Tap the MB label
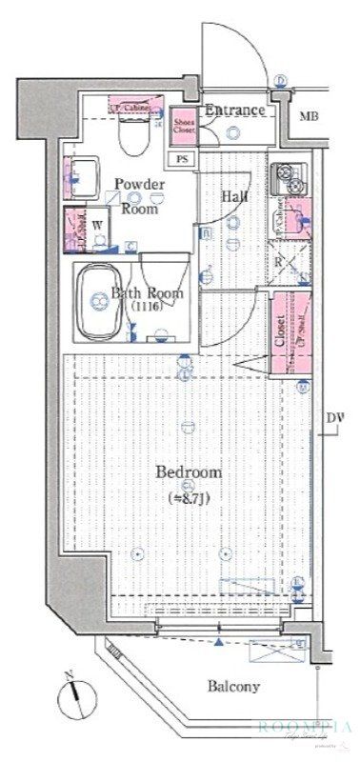click(309, 117)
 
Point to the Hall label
click(234, 195)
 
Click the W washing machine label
click(99, 225)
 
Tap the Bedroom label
click(189, 471)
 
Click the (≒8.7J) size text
click(189, 496)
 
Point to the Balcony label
click(234, 686)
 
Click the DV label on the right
click(334, 418)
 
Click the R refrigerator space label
click(278, 262)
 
